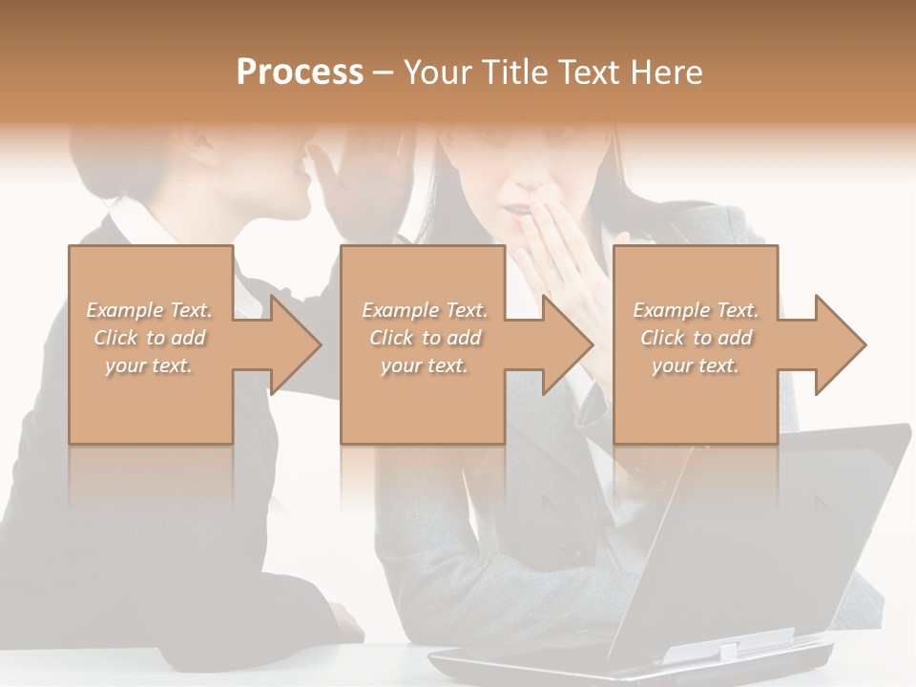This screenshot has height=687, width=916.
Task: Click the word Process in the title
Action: [x=300, y=72]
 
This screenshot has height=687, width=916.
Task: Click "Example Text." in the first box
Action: [x=150, y=310]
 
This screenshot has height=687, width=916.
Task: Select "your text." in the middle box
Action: [x=424, y=365]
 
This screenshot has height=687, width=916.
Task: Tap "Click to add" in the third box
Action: [x=696, y=338]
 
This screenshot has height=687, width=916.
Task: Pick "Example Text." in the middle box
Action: [x=424, y=310]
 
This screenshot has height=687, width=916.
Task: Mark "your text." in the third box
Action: [x=696, y=365]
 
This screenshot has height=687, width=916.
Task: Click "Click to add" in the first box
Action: [x=150, y=338]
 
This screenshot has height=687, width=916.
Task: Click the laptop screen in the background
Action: [x=763, y=534]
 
